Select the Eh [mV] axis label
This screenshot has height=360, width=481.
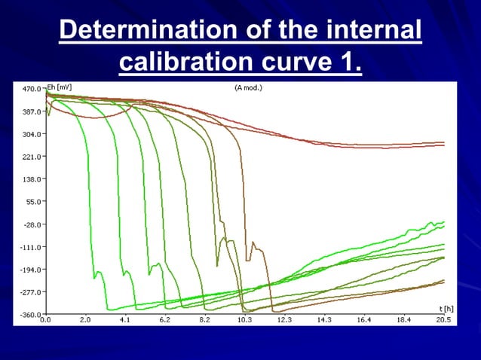click(x=60, y=87)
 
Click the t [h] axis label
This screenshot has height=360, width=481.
click(x=446, y=309)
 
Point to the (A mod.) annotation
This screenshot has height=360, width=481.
click(x=248, y=87)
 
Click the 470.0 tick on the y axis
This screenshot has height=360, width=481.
click(x=30, y=89)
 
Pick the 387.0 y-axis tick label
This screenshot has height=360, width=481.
click(x=30, y=111)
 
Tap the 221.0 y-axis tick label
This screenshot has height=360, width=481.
click(x=30, y=157)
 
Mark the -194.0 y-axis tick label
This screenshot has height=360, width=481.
click(x=30, y=270)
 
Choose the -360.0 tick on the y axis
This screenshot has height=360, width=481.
click(x=30, y=314)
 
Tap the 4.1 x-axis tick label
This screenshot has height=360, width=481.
click(x=124, y=320)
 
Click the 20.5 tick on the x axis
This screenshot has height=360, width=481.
click(x=443, y=320)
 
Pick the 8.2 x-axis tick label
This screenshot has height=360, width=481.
click(x=204, y=320)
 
